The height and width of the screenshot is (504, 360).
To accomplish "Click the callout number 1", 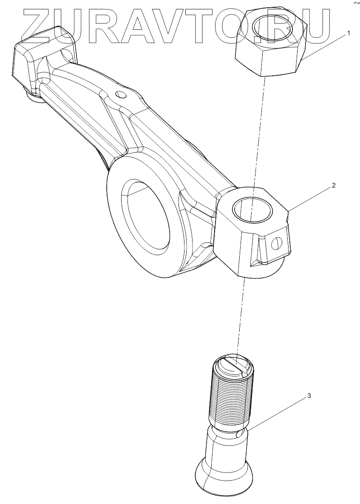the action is click(x=349, y=33).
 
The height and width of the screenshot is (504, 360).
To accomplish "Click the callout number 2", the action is click(x=334, y=185).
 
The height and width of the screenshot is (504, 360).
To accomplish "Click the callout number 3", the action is click(x=309, y=396).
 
